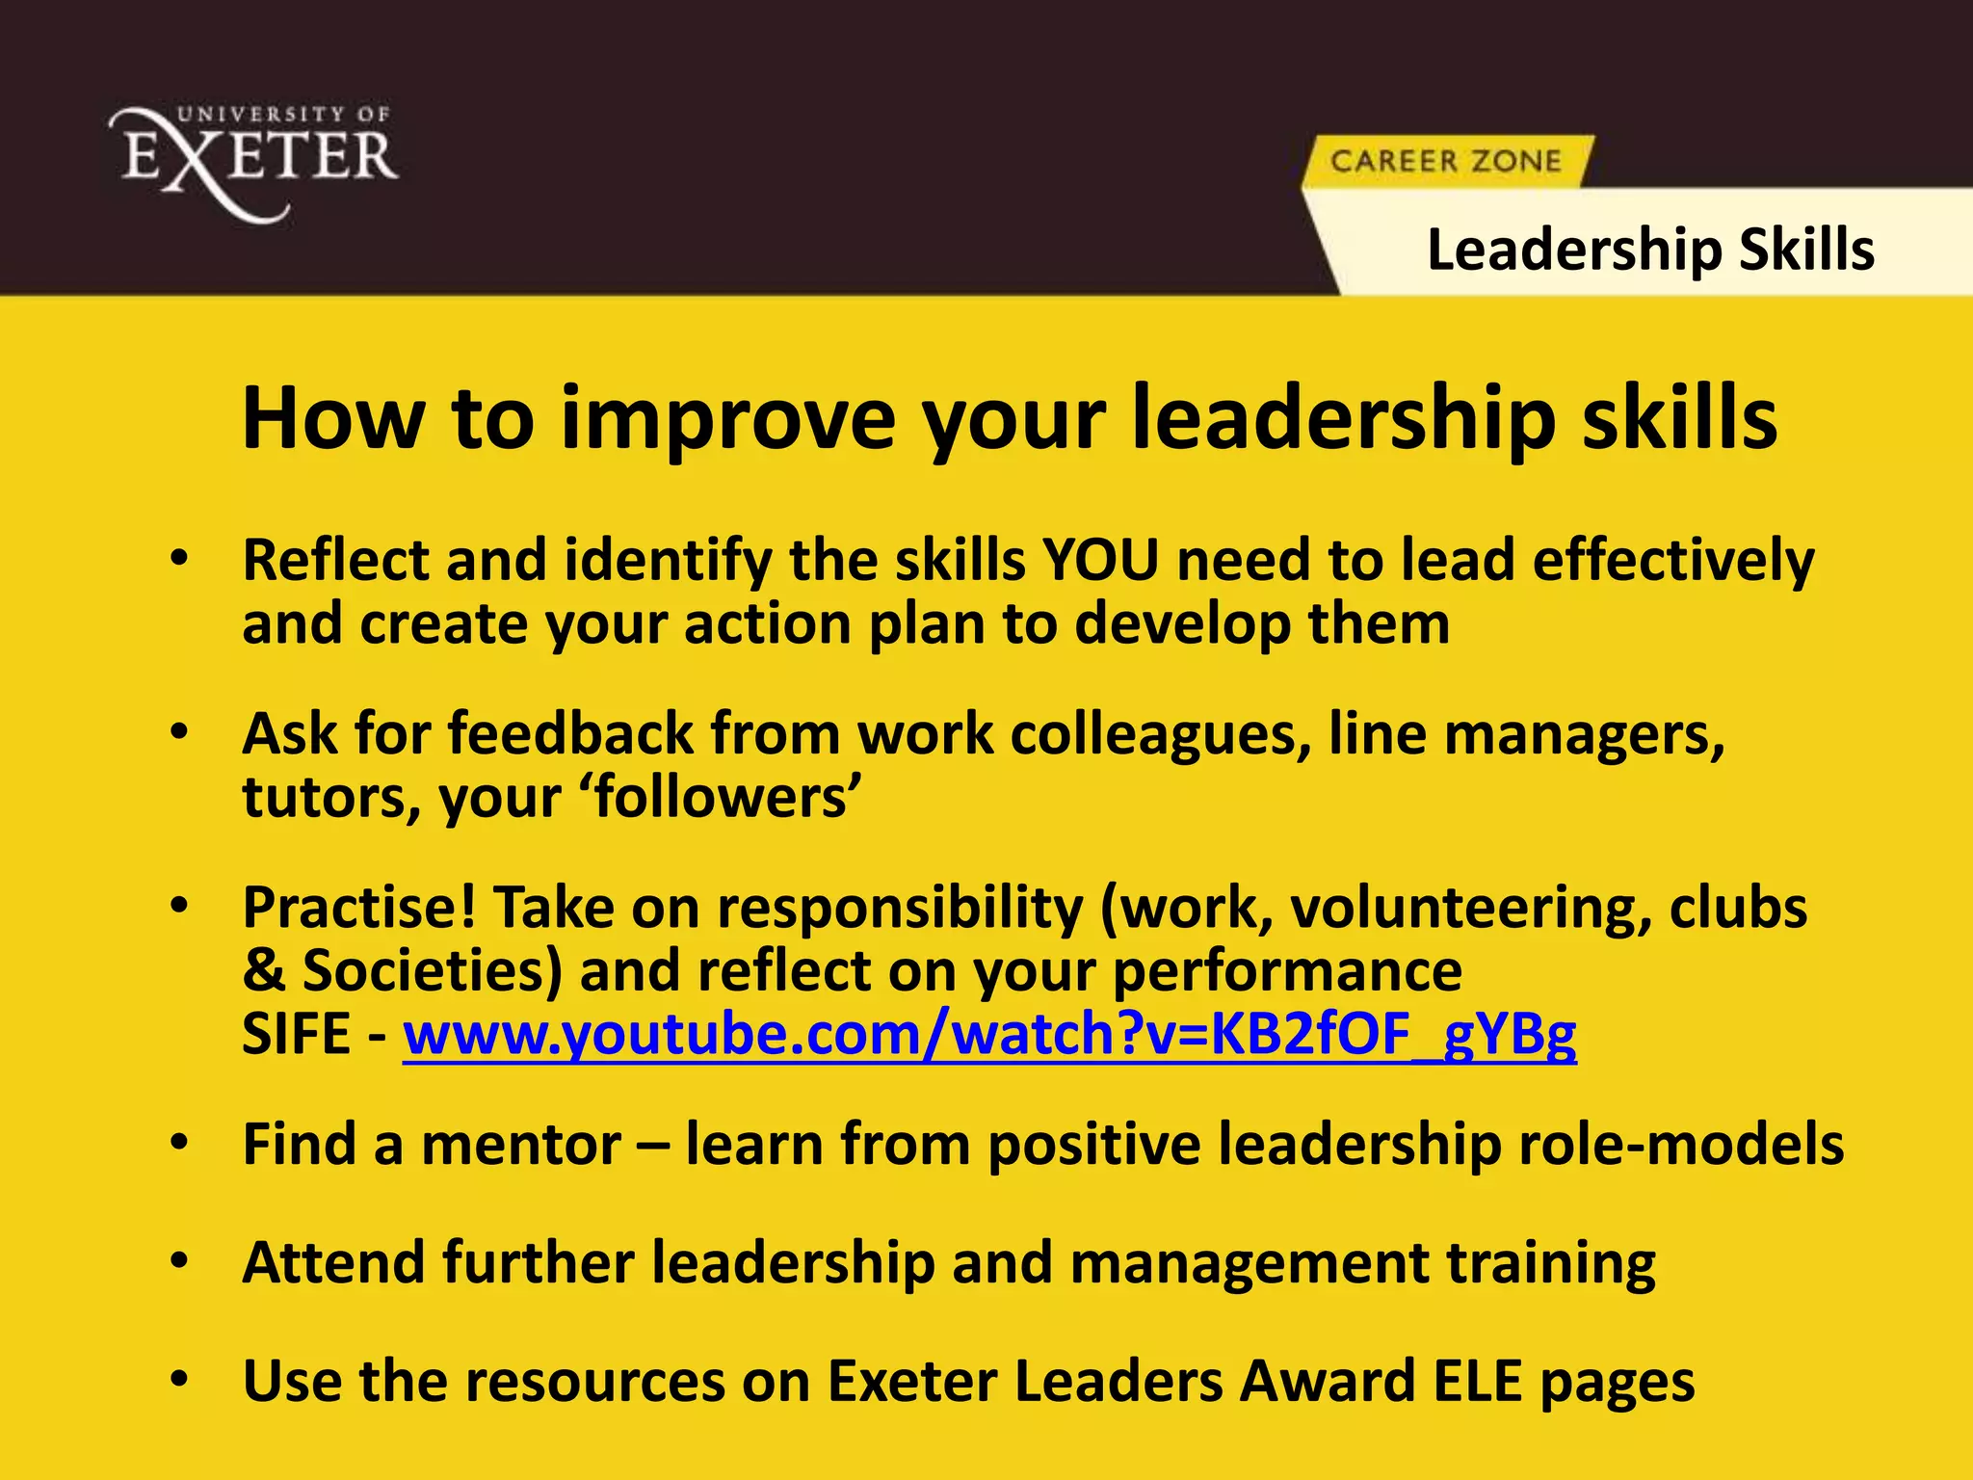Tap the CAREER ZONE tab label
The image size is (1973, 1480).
coord(1445,161)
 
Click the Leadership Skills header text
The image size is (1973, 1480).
coord(1650,250)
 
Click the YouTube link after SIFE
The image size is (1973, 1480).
coord(989,1034)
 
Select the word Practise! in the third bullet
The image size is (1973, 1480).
coord(359,908)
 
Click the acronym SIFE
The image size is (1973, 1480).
coord(297,1034)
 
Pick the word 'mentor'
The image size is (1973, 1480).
coord(521,1145)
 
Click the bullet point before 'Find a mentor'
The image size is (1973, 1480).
coord(178,1144)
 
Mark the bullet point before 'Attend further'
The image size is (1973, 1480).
coord(178,1262)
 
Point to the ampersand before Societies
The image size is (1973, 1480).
coord(263,970)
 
